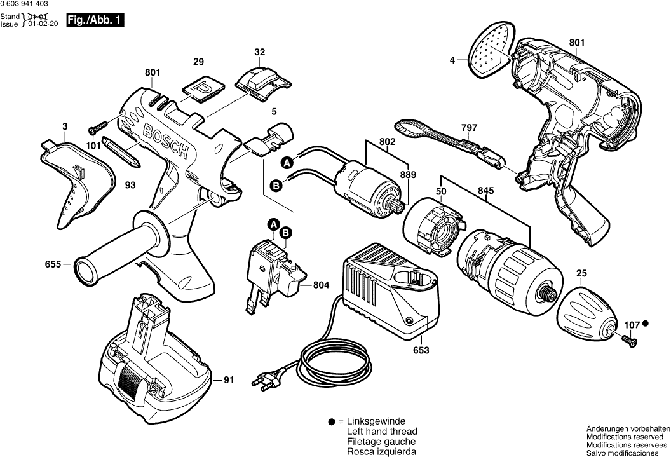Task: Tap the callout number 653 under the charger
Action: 421,350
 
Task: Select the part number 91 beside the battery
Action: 228,381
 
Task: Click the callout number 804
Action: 322,286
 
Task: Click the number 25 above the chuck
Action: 581,274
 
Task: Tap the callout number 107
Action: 631,325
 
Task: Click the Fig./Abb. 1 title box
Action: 95,20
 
